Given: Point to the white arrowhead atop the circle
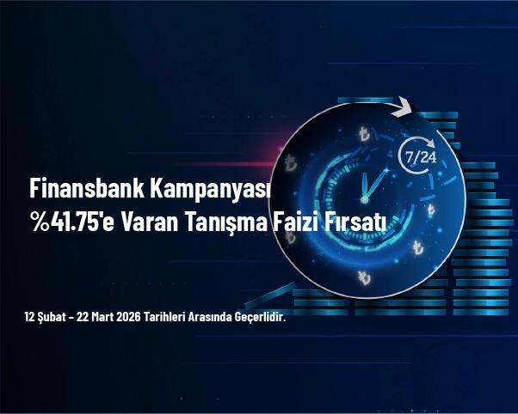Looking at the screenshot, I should point(401,108).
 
